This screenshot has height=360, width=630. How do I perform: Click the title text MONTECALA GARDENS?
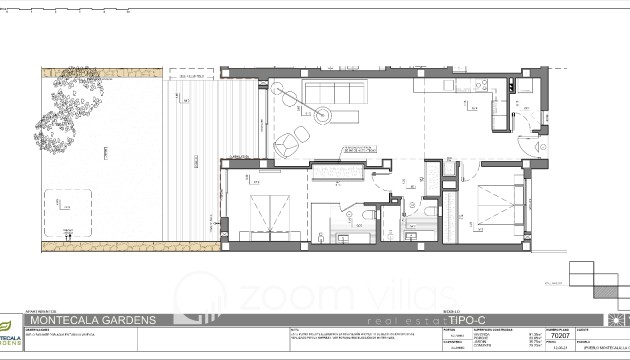(x=92, y=319)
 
